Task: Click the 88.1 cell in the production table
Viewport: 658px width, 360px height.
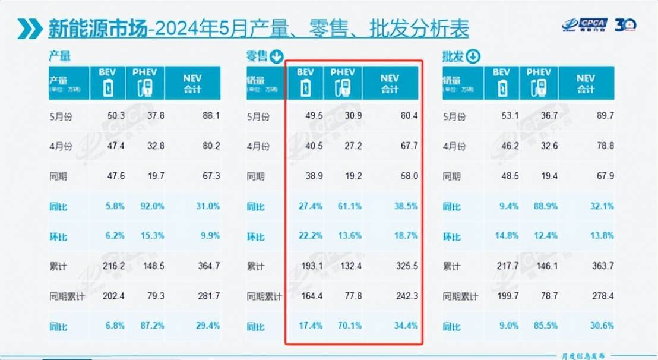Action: point(210,116)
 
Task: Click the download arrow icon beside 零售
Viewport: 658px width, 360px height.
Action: point(276,57)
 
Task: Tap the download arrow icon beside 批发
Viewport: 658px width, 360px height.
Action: point(473,57)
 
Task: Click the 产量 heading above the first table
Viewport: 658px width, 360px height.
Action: point(59,57)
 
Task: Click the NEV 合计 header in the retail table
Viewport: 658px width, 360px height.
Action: point(390,83)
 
